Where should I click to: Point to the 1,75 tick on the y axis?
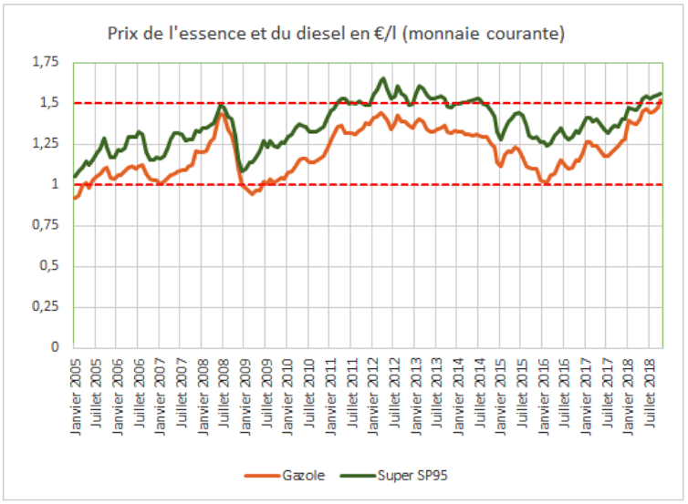click(44, 62)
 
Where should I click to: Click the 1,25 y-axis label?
click(44, 144)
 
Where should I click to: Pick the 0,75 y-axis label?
click(44, 225)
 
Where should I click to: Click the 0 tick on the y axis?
click(55, 347)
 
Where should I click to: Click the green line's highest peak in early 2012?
click(382, 78)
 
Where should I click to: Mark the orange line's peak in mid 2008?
click(221, 114)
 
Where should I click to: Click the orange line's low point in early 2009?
click(252, 193)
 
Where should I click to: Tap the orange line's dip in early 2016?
click(545, 182)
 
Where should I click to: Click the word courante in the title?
click(522, 35)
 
